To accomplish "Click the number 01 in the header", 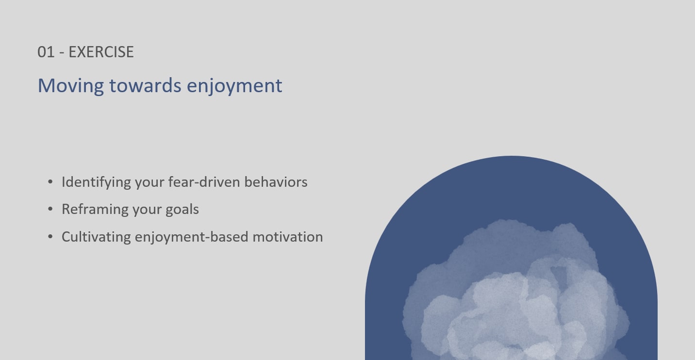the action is pos(46,52).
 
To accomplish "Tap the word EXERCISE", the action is pos(101,52).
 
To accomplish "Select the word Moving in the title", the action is pos(71,86).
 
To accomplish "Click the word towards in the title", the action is pos(145,85).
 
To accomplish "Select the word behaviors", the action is pos(276,182).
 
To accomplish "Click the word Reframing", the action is pos(95,210).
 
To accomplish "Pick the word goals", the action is pos(182,210).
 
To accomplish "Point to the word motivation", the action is pos(288,237).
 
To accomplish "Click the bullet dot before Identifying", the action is pos(50,182).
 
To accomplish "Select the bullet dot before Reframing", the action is pos(50,209).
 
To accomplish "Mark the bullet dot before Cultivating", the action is pos(50,237).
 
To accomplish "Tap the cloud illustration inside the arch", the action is pos(515,292).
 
